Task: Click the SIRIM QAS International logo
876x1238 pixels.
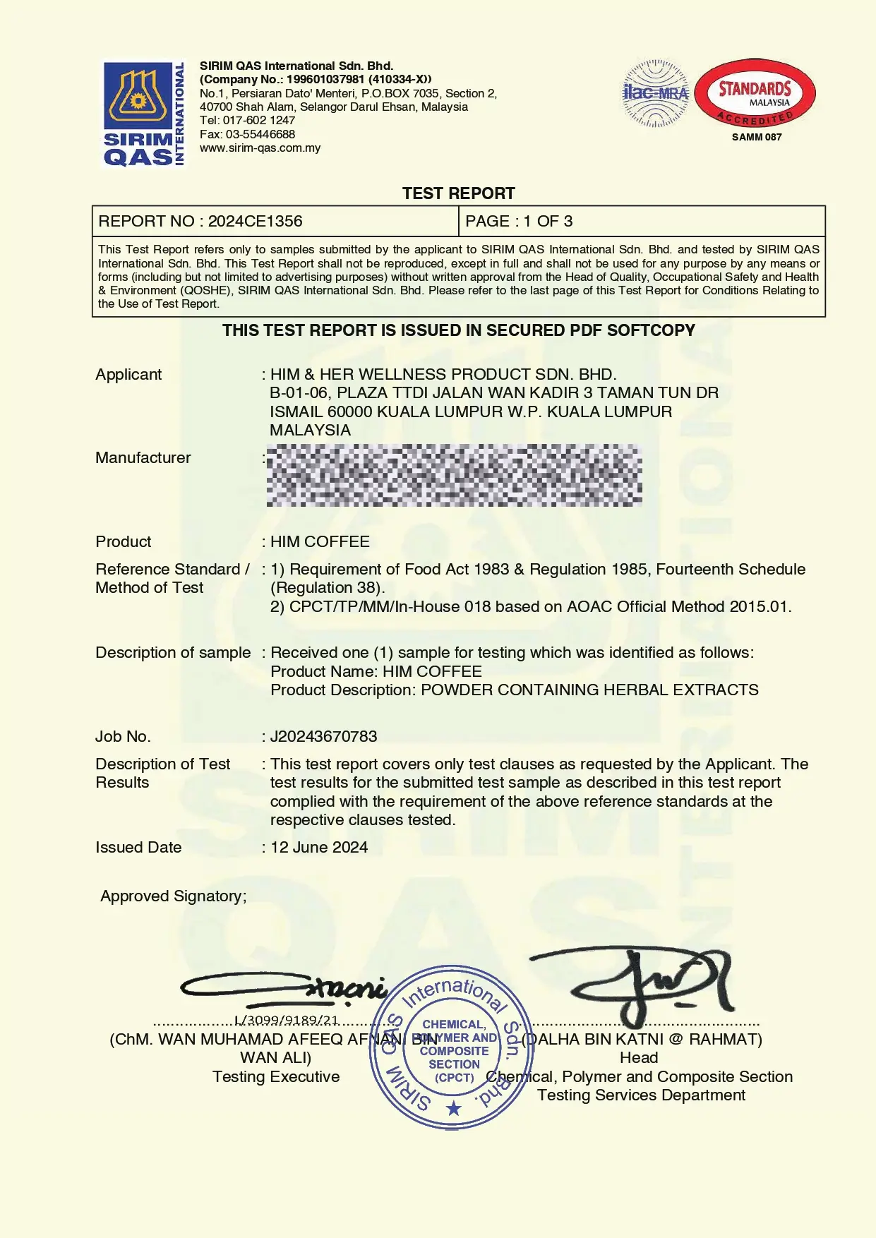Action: point(144,114)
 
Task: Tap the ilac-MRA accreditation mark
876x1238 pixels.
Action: point(656,93)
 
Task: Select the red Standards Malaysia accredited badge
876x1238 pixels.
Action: point(755,93)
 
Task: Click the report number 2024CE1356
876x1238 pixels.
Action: point(255,222)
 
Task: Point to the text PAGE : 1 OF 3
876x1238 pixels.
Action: point(519,222)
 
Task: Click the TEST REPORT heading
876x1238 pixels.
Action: point(458,193)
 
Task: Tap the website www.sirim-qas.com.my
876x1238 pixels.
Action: point(260,148)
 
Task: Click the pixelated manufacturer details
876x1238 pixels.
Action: point(454,475)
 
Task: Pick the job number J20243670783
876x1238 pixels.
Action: point(323,737)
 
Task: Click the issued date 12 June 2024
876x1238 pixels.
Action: point(319,848)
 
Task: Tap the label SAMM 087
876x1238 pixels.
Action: point(757,137)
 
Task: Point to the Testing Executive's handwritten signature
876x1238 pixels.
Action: point(284,988)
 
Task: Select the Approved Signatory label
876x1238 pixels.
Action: point(174,896)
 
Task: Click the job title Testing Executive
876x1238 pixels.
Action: point(276,1077)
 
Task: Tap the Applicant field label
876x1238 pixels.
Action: point(128,375)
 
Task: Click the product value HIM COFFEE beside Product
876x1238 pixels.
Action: point(320,542)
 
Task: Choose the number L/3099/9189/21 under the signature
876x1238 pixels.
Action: point(287,1021)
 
